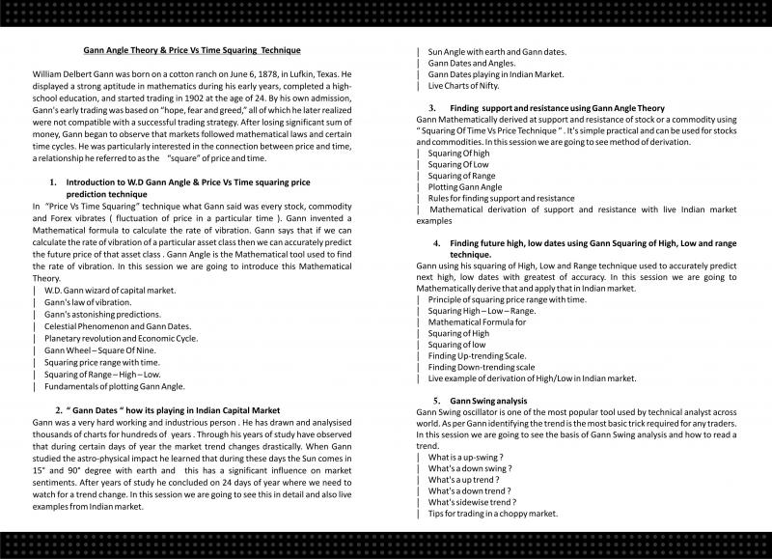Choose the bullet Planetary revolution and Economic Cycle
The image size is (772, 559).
click(x=121, y=339)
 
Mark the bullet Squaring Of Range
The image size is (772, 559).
click(x=463, y=175)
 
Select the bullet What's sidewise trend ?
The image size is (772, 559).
click(x=472, y=502)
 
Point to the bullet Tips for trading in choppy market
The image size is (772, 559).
click(x=492, y=514)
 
